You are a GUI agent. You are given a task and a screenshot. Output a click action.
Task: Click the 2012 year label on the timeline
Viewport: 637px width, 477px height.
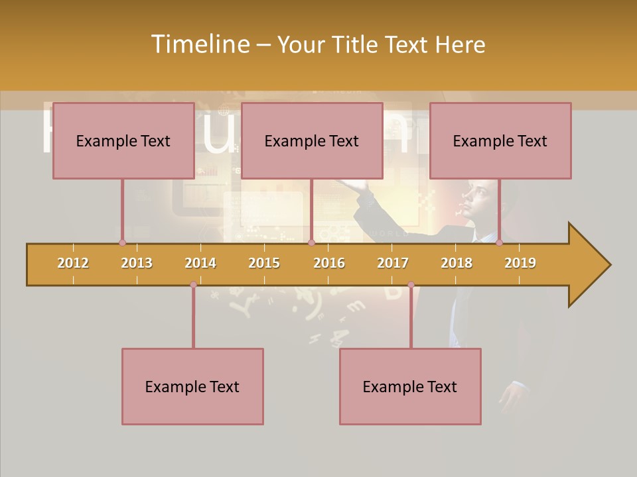click(x=73, y=263)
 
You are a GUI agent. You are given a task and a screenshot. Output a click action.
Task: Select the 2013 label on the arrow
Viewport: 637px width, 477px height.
click(x=137, y=263)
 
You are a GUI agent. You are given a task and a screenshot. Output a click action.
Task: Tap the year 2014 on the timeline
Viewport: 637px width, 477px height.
click(x=200, y=263)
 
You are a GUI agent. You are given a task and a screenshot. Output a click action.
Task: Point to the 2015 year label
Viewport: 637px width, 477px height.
click(x=264, y=263)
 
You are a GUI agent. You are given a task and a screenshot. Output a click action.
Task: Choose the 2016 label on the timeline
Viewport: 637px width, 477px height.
click(x=329, y=263)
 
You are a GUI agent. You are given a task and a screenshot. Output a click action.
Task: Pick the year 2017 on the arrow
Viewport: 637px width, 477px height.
click(x=393, y=263)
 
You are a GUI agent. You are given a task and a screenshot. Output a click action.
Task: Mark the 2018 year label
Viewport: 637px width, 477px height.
click(x=457, y=263)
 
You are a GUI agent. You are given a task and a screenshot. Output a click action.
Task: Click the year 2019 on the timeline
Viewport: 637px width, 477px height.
click(x=520, y=263)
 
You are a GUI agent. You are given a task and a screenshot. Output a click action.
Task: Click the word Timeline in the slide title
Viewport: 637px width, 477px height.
click(x=198, y=44)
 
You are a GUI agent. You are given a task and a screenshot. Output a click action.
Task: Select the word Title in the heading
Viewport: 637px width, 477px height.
click(x=356, y=44)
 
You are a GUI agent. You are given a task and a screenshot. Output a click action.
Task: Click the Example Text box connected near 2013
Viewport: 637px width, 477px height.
click(x=123, y=140)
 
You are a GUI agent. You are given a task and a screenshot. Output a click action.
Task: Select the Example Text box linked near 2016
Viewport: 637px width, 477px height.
click(x=312, y=140)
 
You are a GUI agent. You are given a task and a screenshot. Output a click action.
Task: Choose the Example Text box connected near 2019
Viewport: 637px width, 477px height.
click(x=500, y=140)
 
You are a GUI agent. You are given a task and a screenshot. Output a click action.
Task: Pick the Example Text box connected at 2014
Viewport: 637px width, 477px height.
click(x=192, y=386)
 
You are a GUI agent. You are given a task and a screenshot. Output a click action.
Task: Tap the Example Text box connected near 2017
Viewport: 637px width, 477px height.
click(x=410, y=386)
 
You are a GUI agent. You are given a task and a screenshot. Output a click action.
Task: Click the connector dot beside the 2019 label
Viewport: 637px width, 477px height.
click(x=499, y=242)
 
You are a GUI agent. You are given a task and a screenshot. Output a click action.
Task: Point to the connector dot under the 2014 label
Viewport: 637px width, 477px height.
click(x=193, y=284)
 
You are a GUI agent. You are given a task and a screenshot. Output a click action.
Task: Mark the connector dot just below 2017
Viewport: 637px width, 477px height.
click(x=411, y=284)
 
